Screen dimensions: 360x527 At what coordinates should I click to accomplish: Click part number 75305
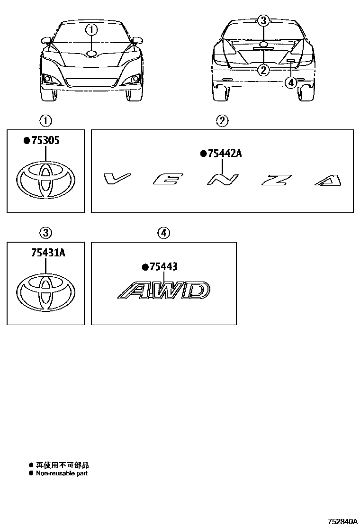45,140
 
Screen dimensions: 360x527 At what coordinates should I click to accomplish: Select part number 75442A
225,154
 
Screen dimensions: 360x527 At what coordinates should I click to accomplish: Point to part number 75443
163,267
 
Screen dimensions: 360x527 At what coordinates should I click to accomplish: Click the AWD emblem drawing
164,290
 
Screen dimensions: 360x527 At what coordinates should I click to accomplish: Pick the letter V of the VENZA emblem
117,179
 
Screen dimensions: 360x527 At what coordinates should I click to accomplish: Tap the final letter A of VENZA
328,180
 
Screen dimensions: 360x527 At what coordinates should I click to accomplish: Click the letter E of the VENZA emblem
168,179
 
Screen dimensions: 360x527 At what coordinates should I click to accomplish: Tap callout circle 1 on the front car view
91,30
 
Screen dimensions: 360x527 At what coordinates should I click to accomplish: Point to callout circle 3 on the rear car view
264,21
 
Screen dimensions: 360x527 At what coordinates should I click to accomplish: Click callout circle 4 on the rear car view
291,82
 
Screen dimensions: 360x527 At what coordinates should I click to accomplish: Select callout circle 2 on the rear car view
263,70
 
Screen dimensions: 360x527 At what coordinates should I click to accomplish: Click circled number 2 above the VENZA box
222,121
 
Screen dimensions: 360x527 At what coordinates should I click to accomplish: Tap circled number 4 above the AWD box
163,233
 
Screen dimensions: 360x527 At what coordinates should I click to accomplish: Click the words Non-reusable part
62,473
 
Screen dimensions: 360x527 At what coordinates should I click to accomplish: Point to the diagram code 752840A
342,521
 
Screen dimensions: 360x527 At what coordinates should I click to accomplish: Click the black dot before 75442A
203,154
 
